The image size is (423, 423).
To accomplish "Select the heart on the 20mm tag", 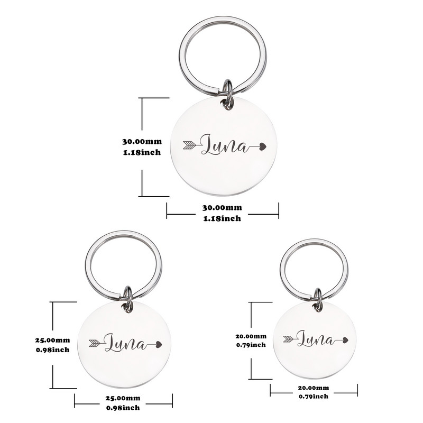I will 345,339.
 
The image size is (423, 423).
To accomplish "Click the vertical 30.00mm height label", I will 142,142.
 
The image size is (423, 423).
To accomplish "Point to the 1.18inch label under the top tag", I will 222,218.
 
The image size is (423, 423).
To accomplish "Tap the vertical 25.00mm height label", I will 51,340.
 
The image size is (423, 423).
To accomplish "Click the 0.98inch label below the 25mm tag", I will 123,408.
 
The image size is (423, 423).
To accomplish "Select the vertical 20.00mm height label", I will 251,336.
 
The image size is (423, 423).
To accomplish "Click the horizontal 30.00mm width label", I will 222,208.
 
